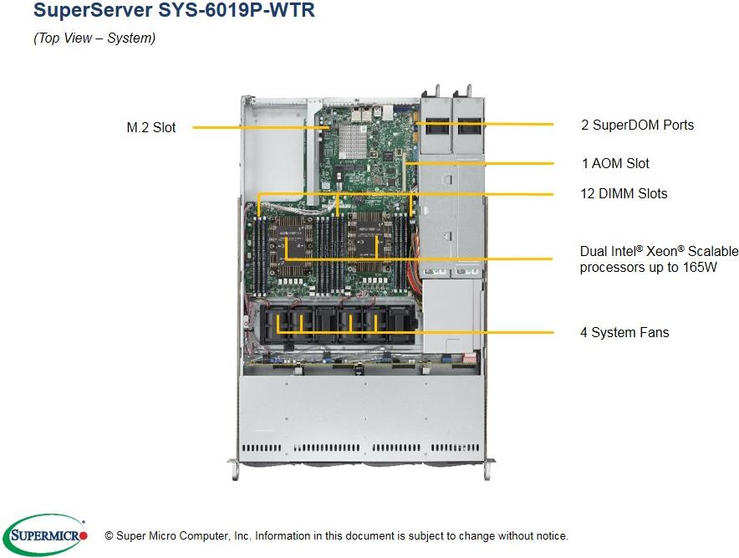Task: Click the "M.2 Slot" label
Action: pos(151,128)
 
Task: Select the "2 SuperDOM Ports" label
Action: pos(637,125)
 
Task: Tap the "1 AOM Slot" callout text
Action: pos(614,163)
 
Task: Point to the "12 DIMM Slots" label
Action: pos(624,193)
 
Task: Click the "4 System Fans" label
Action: pos(624,332)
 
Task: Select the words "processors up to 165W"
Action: pos(648,267)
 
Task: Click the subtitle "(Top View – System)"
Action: pos(94,38)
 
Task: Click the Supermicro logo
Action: pos(46,535)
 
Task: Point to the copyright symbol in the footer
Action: pos(109,536)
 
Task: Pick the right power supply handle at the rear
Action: pos(466,90)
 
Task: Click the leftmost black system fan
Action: pos(280,322)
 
